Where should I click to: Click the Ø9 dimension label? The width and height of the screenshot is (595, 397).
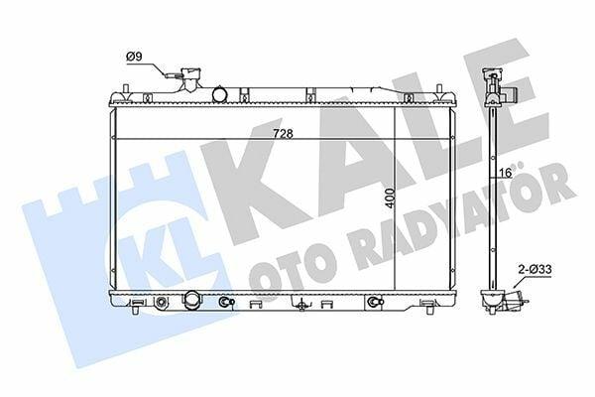tap(134, 57)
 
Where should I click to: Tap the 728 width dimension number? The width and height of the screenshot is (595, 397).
tap(283, 134)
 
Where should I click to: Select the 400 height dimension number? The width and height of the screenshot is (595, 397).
tap(390, 198)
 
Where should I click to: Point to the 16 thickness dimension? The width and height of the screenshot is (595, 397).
tap(506, 174)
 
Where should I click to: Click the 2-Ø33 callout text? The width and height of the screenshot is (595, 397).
tap(535, 270)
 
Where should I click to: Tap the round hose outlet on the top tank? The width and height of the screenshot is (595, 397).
tap(219, 94)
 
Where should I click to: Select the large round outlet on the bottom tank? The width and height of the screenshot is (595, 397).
tap(192, 299)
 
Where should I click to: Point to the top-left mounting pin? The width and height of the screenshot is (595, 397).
tap(126, 88)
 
